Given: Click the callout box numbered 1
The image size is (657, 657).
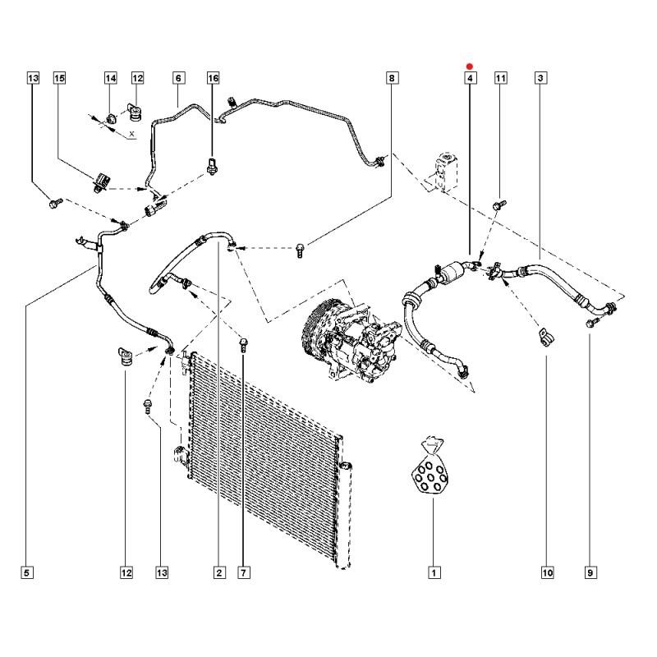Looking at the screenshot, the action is (434, 572).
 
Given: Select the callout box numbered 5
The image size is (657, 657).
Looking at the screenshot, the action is (27, 572).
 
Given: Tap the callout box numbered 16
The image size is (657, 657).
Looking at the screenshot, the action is (213, 78).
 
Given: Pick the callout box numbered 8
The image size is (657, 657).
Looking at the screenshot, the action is (392, 78).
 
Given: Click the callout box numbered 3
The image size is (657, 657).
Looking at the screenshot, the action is (540, 78).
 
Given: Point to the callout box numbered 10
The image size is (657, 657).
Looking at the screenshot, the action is (547, 572).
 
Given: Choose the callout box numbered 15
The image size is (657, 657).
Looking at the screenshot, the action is (59, 78).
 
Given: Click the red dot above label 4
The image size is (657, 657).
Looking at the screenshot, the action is (469, 67).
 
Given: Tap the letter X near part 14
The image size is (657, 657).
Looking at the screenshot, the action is (132, 134).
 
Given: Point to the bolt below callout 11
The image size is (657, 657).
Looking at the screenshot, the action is (499, 204).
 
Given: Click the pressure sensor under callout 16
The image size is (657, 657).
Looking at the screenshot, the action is (213, 167).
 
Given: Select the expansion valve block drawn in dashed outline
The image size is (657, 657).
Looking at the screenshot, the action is (446, 172).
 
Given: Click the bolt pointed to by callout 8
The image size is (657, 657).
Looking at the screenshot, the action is (300, 250).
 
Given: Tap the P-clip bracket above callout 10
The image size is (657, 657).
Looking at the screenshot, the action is (544, 338).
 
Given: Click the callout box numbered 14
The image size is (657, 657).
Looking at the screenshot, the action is (111, 78).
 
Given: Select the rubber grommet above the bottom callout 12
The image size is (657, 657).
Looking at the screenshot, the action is (126, 356).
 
